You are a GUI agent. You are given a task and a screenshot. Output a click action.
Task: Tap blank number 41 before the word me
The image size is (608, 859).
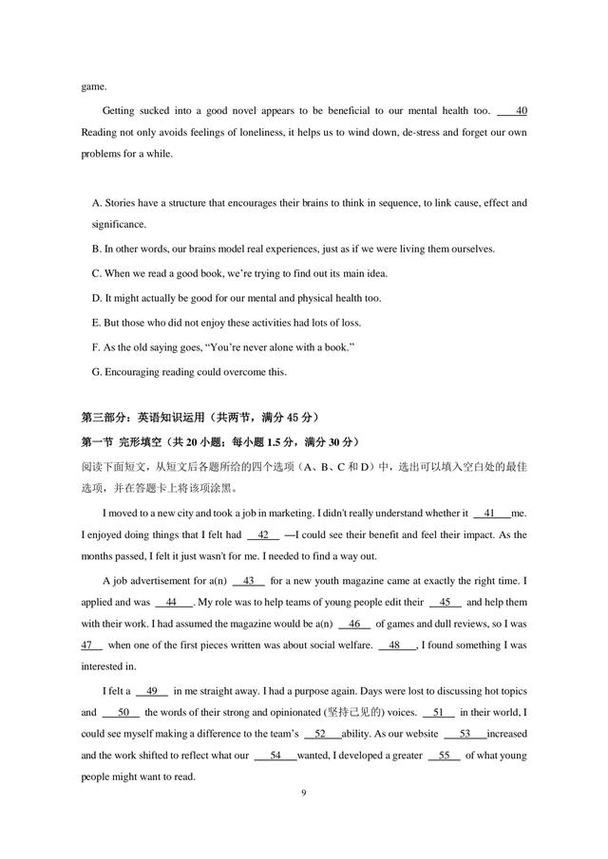[x=490, y=513]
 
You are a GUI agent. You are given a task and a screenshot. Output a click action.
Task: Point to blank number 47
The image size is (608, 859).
[x=92, y=644]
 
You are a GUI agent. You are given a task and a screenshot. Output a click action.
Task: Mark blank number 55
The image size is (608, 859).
[x=444, y=756]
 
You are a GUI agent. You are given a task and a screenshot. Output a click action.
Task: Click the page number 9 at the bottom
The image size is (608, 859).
[x=304, y=792]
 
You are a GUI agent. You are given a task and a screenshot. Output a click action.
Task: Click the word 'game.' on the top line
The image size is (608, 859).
[x=94, y=86]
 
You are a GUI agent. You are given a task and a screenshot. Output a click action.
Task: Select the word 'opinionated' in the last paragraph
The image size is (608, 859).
[x=295, y=713]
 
